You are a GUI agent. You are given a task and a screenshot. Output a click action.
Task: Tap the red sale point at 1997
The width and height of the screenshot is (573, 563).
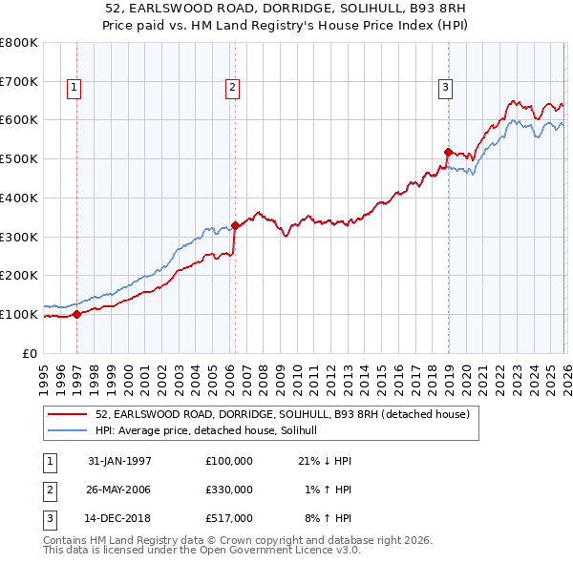(77, 314)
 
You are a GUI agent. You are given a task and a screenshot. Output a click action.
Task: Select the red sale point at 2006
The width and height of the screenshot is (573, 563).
(235, 225)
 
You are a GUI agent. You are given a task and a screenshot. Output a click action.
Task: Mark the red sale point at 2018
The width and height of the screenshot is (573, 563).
(447, 152)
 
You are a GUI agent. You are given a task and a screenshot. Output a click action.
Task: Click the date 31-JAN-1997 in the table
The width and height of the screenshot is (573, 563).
(119, 461)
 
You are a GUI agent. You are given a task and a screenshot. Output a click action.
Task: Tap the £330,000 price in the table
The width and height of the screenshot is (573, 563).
(229, 490)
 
